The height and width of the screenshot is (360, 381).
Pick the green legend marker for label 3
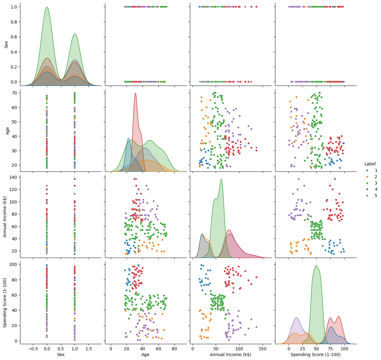[368, 183]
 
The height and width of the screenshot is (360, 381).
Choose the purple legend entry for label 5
[368, 196]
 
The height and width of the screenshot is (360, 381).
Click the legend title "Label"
[370, 164]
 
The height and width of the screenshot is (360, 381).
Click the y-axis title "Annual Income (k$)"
[5, 217]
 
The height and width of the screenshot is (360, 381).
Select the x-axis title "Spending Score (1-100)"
[316, 355]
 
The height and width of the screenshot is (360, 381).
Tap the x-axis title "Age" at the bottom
[145, 355]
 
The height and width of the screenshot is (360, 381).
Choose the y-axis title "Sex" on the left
[6, 44]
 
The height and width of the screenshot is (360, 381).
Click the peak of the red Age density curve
[135, 93]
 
